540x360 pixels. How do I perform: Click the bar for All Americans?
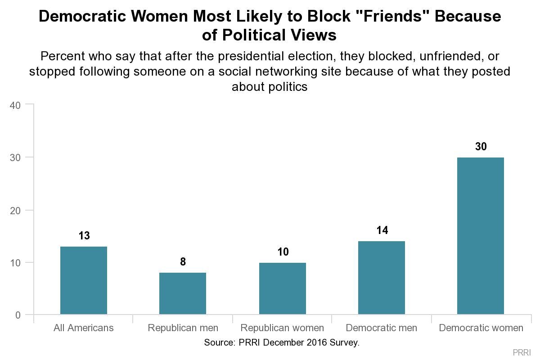84,280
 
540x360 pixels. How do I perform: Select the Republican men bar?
183,293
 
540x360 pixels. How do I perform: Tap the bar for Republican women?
283,288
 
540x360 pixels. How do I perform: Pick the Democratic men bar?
382,278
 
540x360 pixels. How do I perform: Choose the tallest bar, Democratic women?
481,236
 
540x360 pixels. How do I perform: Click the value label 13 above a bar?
84,235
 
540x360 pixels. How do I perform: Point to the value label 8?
183,261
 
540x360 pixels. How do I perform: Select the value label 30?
481,146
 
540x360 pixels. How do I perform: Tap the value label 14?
382,230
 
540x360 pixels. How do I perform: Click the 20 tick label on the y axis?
16,210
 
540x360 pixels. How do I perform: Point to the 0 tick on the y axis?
18,315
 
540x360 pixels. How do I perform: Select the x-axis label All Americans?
84,328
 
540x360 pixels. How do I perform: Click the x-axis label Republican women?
282,328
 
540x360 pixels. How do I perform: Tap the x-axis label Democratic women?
481,328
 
